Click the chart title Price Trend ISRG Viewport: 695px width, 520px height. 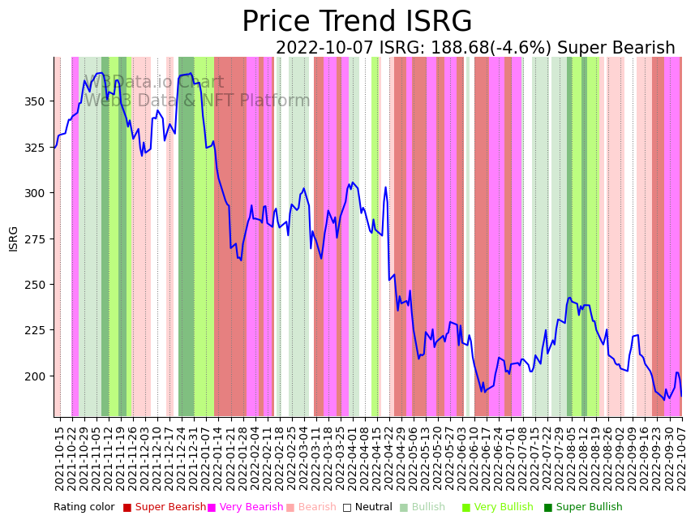click(357, 22)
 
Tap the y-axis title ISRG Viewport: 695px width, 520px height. click(13, 239)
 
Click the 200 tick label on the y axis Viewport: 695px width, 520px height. click(38, 376)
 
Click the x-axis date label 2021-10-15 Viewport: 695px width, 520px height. click(59, 458)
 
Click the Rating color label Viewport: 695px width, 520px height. click(84, 508)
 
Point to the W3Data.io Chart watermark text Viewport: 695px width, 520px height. click(154, 82)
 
